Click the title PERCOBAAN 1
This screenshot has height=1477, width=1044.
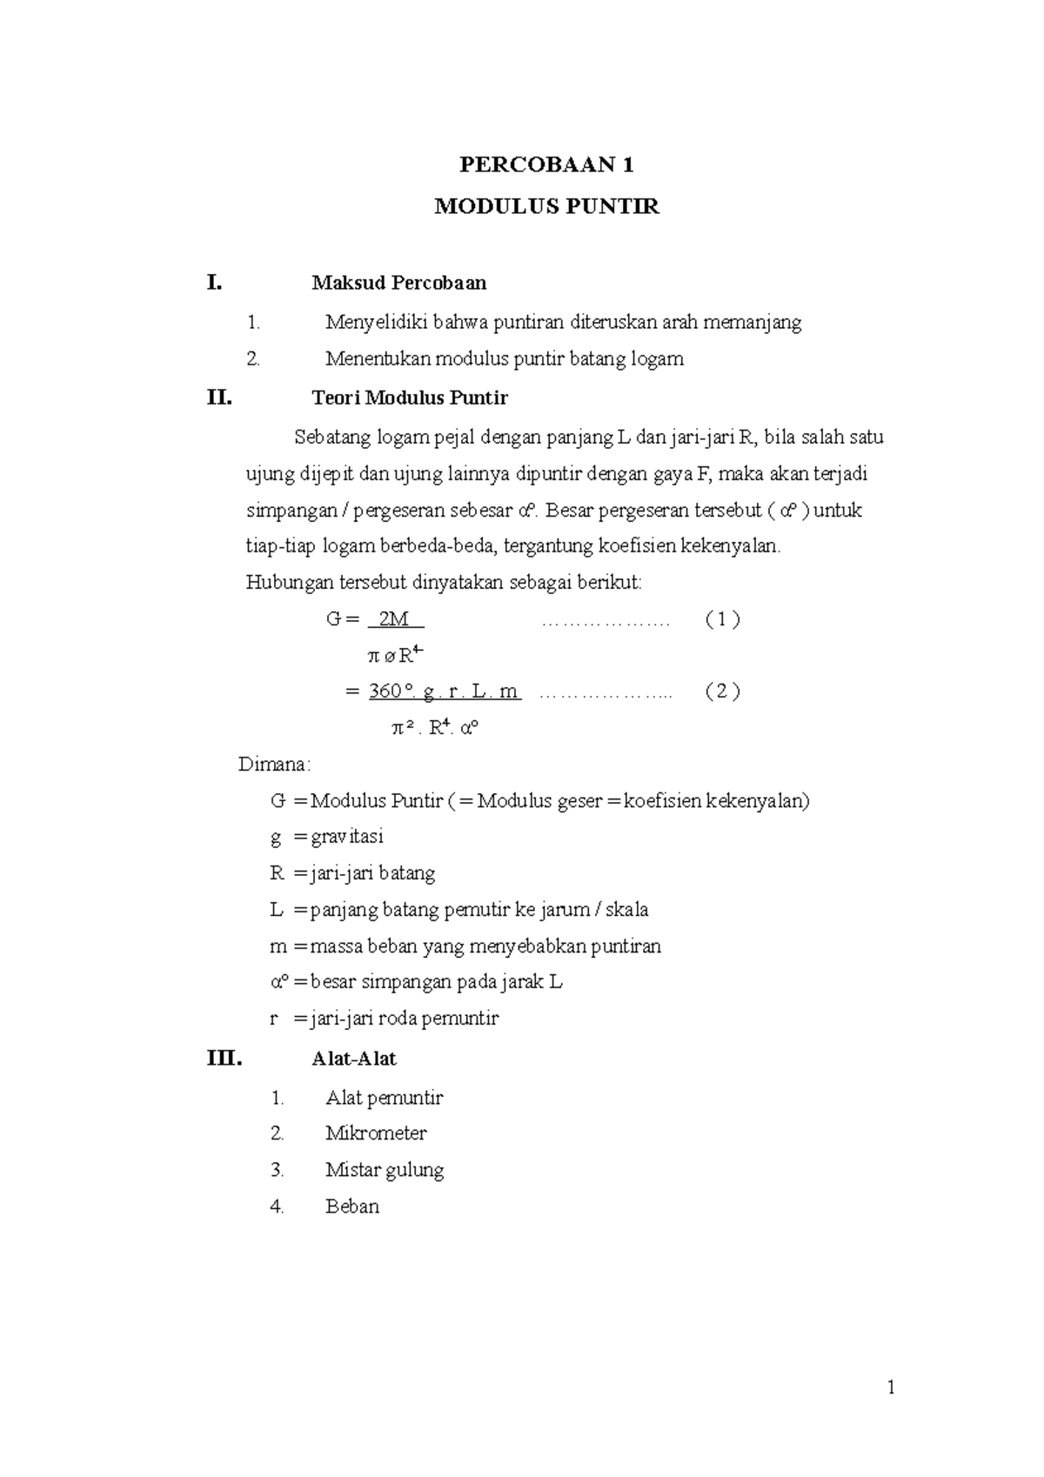click(546, 165)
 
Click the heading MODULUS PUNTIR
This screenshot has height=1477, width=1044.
click(546, 207)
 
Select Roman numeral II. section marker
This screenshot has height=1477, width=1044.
click(219, 399)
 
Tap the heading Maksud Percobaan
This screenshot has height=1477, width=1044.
click(398, 283)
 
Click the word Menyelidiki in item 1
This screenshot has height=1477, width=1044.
click(377, 323)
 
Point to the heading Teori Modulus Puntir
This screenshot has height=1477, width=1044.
click(409, 399)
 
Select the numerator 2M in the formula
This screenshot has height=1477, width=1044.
click(396, 619)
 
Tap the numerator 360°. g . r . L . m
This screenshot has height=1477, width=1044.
click(444, 692)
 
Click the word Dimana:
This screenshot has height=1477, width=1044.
click(274, 765)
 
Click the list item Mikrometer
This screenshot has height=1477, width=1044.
click(376, 1133)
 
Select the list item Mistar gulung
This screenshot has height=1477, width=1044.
click(385, 1170)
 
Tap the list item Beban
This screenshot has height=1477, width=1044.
click(352, 1206)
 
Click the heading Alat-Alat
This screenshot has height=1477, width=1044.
click(353, 1059)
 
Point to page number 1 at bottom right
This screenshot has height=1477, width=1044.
click(891, 1387)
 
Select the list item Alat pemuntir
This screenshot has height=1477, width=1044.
click(384, 1098)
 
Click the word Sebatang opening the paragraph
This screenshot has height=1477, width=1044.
click(331, 438)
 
